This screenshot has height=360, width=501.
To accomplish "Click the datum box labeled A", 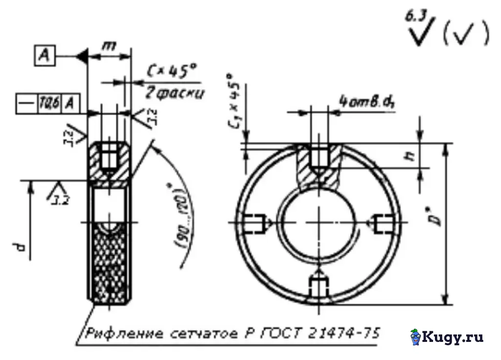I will click(44, 57).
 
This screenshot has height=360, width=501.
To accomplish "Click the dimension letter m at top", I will click(109, 46).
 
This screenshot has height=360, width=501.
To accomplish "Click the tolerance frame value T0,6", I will click(50, 104).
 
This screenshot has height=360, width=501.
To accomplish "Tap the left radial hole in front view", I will click(255, 223).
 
